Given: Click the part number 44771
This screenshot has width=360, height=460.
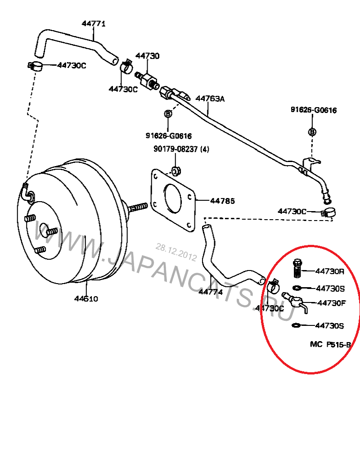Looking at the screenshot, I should coord(94,23).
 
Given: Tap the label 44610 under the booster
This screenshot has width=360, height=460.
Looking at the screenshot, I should coord(86,298).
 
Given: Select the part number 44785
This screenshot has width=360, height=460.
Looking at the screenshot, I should coord(222,201).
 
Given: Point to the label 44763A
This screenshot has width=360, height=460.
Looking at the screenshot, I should coord(209,98).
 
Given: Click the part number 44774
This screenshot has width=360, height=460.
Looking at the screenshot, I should coord(211,292).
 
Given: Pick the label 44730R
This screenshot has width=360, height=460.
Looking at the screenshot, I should coord(330,271).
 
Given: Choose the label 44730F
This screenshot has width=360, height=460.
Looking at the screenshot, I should coord(332,303).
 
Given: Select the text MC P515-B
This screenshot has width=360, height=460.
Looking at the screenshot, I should coord(330,344).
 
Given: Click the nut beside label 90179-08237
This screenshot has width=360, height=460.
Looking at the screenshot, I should coord(175,171).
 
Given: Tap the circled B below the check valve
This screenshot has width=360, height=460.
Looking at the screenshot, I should coord(168,114).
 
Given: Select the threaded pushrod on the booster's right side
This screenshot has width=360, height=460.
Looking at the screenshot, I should coord(138,207).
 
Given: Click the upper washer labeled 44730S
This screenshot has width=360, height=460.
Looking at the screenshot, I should coord(297,288).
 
